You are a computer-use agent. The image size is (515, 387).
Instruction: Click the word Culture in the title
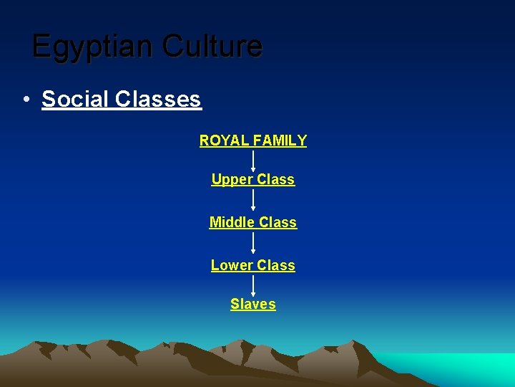(212, 46)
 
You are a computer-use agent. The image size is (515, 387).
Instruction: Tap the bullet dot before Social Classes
(25, 100)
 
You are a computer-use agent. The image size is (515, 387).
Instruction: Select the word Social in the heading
(74, 99)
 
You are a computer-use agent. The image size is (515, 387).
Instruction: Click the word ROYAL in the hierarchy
(220, 141)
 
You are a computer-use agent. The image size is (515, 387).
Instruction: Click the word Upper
(230, 180)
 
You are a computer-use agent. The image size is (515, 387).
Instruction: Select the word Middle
(232, 223)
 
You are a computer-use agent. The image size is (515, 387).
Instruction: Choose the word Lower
(230, 266)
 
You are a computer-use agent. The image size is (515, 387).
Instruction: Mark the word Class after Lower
(277, 266)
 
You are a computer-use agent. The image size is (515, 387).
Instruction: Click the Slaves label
(253, 305)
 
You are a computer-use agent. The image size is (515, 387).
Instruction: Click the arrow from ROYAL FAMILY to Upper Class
(253, 160)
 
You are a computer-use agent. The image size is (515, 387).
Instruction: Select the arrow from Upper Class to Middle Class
(253, 199)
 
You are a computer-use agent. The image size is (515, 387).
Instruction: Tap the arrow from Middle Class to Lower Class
(253, 243)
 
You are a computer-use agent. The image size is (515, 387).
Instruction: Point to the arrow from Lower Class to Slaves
(253, 285)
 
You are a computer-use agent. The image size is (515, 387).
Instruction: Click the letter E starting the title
(41, 47)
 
